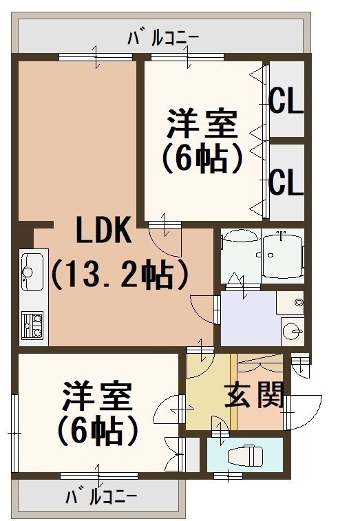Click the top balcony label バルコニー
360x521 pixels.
[163, 39]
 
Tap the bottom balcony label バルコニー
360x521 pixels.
[101, 498]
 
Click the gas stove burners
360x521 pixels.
[32, 325]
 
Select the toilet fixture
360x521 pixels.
[244, 454]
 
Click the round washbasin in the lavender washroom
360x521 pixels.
[293, 330]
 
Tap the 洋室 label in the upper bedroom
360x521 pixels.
[202, 124]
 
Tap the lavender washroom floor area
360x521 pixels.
[249, 319]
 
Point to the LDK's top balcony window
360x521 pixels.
[96, 57]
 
